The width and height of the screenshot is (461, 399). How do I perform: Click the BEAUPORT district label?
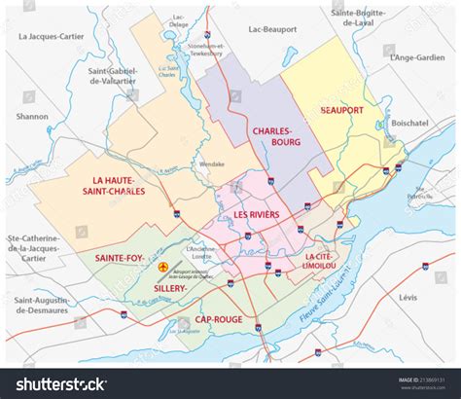coord(341,110)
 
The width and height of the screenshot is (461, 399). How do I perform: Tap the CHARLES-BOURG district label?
coord(276,136)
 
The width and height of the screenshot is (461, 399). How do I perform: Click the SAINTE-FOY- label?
coord(121,257)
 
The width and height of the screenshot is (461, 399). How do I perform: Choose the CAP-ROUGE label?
coord(216,318)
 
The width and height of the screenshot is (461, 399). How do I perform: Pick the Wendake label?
coord(212,164)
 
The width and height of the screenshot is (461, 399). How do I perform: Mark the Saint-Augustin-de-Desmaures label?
coord(42,306)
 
